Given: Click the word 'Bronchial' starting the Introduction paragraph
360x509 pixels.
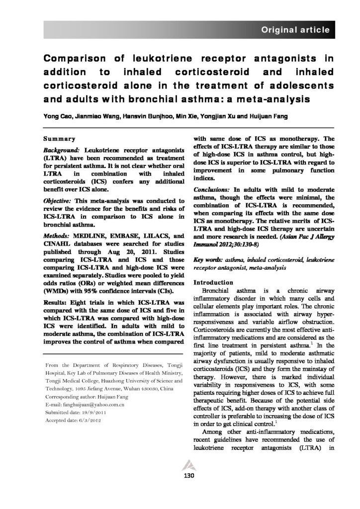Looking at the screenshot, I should [x=217, y=290].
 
